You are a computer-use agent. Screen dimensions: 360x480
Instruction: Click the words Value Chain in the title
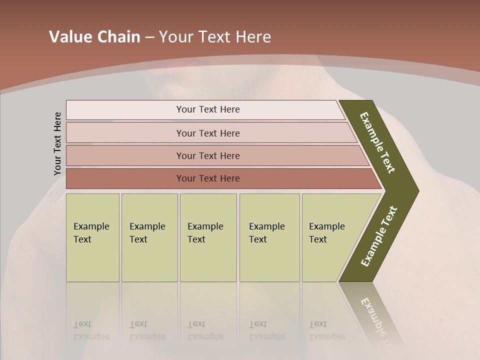(94, 37)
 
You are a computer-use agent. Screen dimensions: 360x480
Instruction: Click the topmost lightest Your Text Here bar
(207, 109)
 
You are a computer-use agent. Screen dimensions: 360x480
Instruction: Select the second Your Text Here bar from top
(207, 133)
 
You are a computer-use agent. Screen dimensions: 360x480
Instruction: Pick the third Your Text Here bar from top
(207, 155)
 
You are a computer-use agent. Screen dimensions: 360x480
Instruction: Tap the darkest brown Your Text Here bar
(207, 178)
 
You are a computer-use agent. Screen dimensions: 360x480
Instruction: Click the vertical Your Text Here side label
(57, 143)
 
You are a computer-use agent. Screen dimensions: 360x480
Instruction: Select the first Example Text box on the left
(92, 237)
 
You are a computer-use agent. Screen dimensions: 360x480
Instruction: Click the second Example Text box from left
(149, 237)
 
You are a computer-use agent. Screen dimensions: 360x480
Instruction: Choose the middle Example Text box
(208, 237)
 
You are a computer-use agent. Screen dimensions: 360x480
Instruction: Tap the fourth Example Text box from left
(269, 237)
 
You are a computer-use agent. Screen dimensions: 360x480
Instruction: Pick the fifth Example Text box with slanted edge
(330, 237)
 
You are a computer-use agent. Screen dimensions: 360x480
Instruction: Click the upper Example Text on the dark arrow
(378, 142)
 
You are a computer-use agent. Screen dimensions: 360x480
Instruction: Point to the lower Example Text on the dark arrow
(379, 236)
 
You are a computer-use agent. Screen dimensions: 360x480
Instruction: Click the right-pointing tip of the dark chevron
(416, 191)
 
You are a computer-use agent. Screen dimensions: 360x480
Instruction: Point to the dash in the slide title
(149, 37)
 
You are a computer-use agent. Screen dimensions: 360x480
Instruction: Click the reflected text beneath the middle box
(205, 330)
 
